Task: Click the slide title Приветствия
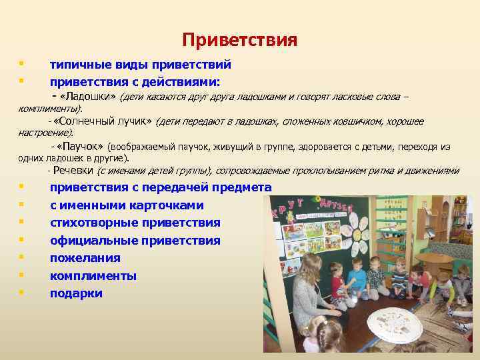(239, 40)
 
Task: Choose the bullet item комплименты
(93, 275)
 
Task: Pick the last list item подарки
(76, 293)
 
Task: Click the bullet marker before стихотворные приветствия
(22, 222)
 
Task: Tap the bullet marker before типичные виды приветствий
(22, 65)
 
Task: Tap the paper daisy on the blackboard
(357, 231)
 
